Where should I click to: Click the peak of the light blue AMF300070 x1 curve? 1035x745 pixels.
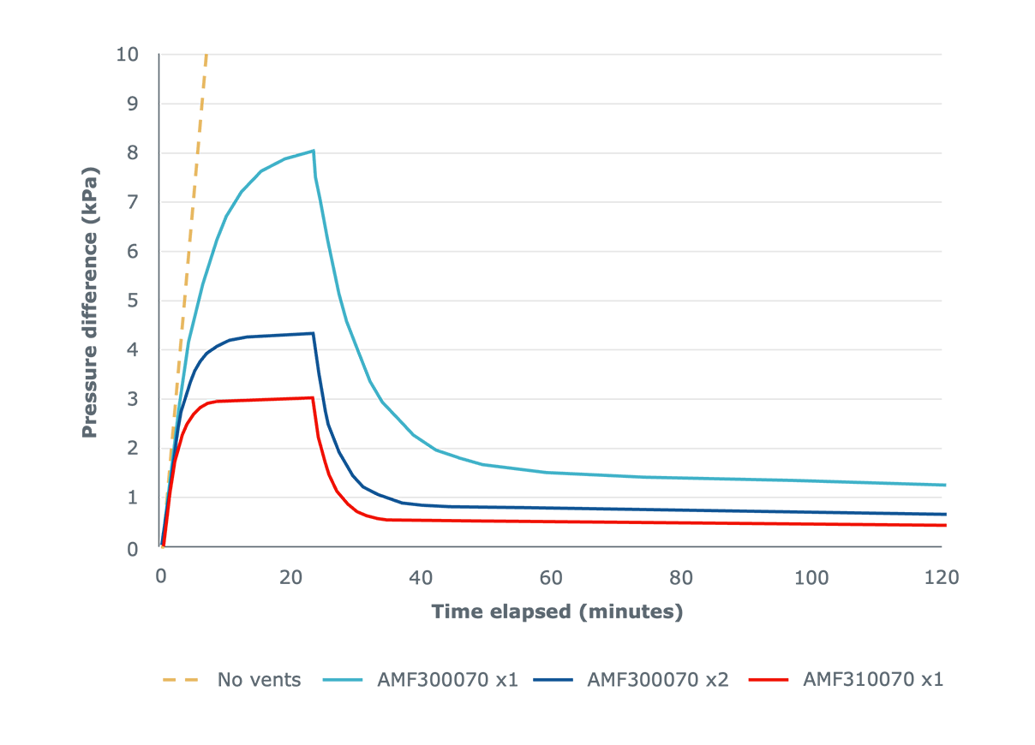(314, 151)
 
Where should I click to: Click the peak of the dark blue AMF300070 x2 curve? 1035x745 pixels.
(313, 333)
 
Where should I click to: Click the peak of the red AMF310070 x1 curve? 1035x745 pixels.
(313, 397)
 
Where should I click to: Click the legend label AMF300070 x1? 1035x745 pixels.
(446, 680)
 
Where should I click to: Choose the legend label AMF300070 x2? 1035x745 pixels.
(657, 680)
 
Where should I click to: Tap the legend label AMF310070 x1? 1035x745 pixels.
(873, 680)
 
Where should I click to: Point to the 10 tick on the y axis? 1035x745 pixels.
(127, 55)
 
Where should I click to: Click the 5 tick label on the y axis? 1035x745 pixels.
(133, 301)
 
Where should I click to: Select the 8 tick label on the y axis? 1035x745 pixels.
(133, 153)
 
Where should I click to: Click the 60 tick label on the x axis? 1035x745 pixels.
(551, 577)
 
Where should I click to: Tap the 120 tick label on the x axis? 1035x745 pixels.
(942, 577)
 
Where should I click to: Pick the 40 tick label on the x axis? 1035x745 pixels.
(421, 577)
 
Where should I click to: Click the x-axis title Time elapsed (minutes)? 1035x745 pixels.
(557, 611)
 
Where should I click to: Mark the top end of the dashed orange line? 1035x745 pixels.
(206, 56)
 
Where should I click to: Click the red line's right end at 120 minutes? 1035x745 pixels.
(945, 525)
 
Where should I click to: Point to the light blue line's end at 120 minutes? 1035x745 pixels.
(945, 485)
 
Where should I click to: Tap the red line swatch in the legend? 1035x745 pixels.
(769, 680)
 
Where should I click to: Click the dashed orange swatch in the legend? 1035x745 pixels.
(181, 680)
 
